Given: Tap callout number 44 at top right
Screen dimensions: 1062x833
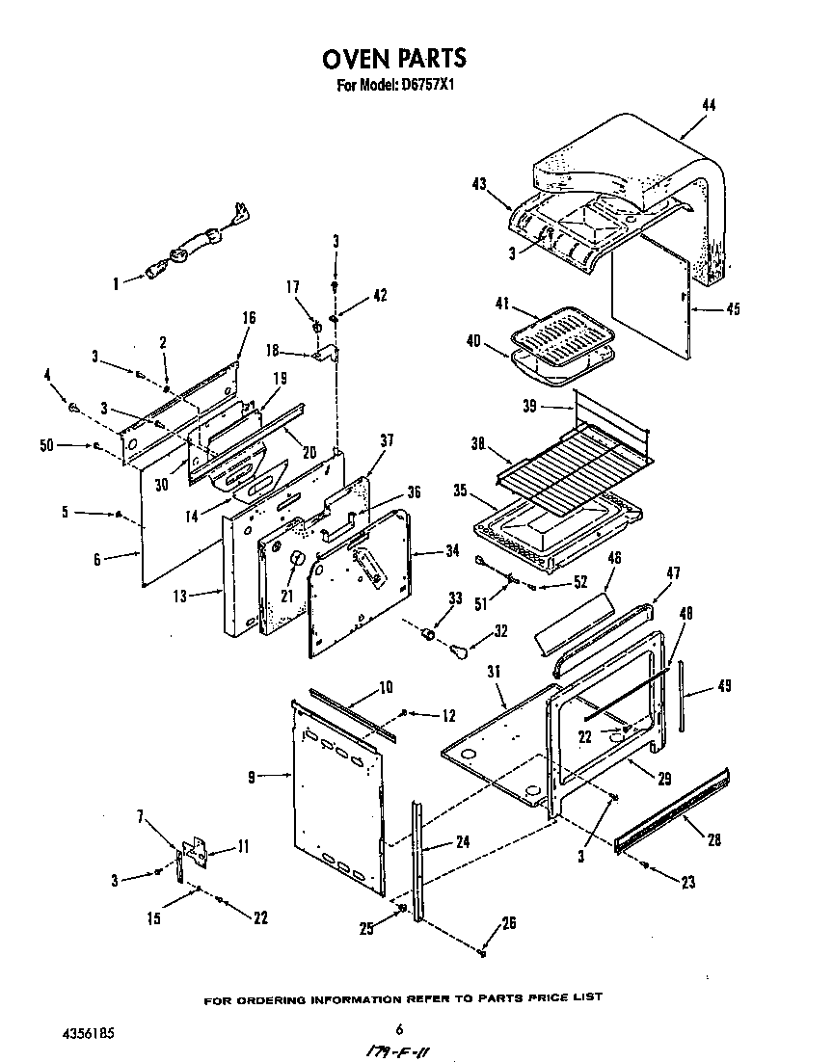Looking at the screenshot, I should click(x=709, y=105).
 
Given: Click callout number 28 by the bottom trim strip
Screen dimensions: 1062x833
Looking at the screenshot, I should click(x=713, y=839).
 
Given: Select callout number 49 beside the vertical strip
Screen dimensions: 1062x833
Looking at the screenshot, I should click(x=724, y=686).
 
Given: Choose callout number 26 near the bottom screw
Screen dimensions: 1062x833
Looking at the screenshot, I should click(x=508, y=923).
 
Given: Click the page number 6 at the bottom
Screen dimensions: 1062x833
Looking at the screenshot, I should click(x=411, y=1027).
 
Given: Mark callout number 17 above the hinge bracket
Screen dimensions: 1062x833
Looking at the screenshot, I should click(x=293, y=286).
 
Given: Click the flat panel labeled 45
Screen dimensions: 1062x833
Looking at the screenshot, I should click(x=651, y=299).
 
